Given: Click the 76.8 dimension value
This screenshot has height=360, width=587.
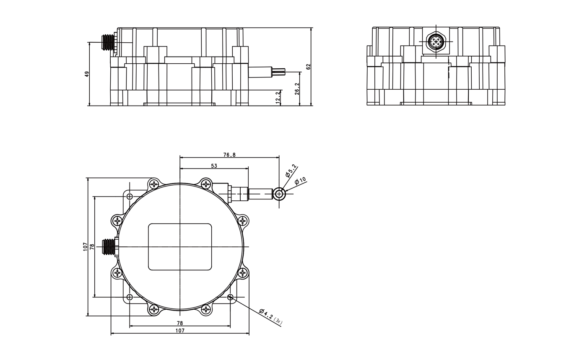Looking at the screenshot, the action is point(229,155).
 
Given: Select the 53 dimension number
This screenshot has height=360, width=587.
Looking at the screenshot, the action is point(214,166).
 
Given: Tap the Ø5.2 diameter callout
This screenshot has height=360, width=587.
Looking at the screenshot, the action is point(291,170).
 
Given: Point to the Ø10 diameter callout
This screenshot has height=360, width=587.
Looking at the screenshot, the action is point(300,181).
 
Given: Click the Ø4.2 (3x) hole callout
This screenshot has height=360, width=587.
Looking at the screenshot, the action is point(271,317).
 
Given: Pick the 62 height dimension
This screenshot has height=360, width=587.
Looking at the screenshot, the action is point(309,67).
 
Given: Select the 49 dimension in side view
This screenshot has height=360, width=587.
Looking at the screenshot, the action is point(87,74).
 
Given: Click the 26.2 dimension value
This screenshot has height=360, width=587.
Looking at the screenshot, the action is point(297,88).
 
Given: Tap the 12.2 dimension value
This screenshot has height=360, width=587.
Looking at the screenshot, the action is point(278,98).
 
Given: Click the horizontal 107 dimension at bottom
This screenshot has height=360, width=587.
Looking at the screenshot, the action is point(180,331).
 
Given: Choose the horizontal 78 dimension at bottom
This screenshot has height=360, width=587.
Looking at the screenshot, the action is point(180,323).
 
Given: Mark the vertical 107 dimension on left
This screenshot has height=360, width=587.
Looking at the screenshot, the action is point(85,247).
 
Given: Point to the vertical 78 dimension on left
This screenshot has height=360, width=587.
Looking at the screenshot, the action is point(92,247).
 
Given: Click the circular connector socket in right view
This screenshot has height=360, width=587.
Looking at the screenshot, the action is point(436,41).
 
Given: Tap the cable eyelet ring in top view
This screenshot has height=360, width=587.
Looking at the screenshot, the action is point(279,194).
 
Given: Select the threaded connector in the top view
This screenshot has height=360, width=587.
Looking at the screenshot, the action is point(109,247).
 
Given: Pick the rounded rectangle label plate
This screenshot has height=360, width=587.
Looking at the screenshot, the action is point(180,247).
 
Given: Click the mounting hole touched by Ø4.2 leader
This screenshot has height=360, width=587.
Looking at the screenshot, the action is point(230,297).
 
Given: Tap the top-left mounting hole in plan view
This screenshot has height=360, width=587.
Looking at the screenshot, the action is point(130,196).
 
